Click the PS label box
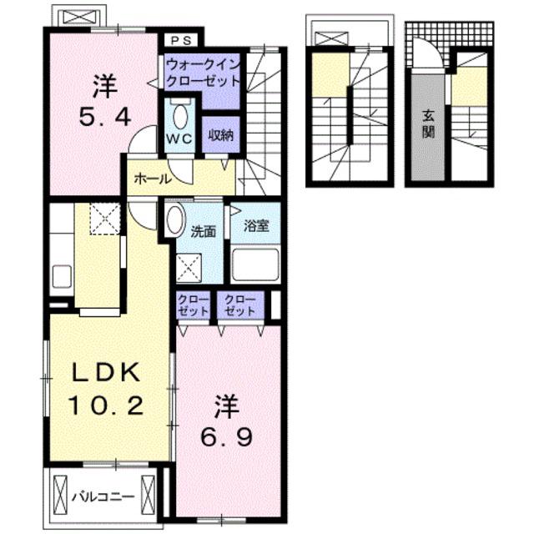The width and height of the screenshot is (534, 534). coord(182,41)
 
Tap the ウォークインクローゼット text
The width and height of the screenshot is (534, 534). coord(204,73)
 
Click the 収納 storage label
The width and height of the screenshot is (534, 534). coord(221,135)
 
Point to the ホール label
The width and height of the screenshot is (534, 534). coord(153,179)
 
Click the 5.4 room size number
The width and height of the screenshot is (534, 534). coord(105,116)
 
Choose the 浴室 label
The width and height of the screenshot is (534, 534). coord(256,225)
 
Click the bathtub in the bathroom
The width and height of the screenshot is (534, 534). coord(256,265)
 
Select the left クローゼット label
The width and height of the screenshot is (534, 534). coord(193,305)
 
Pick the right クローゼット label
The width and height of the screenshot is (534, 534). coord(239,305)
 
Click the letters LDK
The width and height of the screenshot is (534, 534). coord(105,372)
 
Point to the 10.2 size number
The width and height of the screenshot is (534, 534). coord(106,406)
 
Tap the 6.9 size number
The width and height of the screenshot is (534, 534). coord(226,437)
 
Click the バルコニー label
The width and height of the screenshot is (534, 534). coord(103,497)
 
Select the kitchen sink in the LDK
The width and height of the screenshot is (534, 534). coord(62,276)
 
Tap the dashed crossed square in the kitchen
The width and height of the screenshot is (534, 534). coord(105,219)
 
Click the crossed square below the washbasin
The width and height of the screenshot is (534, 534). coord(189,268)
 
